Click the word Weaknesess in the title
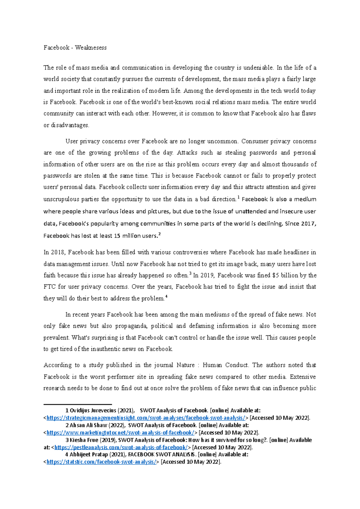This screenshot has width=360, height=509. click(x=91, y=48)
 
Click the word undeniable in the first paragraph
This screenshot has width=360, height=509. click(x=257, y=68)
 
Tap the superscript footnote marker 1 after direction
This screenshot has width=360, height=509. click(x=238, y=197)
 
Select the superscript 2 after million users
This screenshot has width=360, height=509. click(x=159, y=234)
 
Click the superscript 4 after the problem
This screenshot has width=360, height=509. click(x=166, y=296)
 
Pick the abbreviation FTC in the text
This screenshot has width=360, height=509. click(x=49, y=287)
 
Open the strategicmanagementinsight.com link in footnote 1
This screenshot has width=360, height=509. click(x=146, y=418)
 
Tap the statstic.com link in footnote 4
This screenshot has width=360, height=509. click(x=101, y=462)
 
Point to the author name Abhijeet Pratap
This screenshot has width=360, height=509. click(x=88, y=454)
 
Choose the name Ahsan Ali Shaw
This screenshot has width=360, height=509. click(x=88, y=425)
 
